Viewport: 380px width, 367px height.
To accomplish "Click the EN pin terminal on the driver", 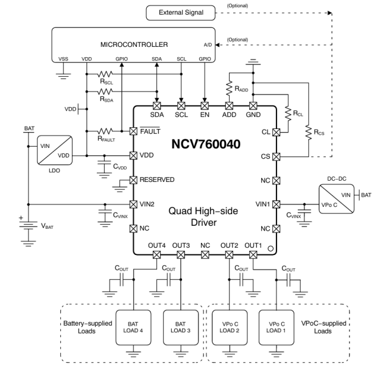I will pos(205,105).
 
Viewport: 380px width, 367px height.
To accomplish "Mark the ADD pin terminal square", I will pos(230,105).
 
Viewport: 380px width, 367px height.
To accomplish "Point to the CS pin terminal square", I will pos(277,156).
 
